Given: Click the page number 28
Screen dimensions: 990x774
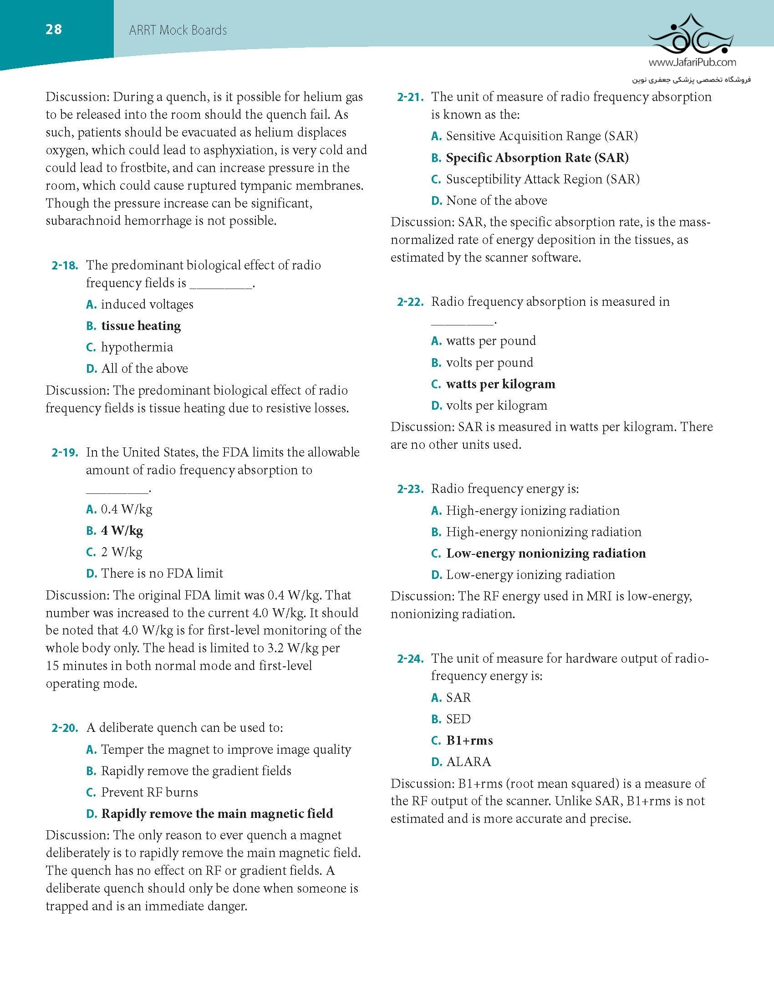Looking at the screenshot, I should click(54, 30).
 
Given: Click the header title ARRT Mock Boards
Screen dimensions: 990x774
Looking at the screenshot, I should click(178, 30).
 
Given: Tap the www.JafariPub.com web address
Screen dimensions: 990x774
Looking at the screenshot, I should click(692, 62).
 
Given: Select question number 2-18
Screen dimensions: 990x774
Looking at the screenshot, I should click(65, 265).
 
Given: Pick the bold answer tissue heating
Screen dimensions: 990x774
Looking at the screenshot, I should click(141, 326).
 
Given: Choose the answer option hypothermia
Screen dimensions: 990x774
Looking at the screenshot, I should click(137, 347).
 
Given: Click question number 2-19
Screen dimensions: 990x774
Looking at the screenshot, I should click(65, 452).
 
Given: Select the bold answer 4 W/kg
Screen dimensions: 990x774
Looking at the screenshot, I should click(122, 531).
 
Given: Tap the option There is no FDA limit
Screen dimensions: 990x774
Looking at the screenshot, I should click(162, 574).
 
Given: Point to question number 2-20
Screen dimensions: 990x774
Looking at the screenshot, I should click(65, 728).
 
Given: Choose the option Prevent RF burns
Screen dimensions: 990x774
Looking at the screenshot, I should click(149, 792).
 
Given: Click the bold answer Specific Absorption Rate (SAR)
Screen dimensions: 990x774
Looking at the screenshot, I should click(537, 158).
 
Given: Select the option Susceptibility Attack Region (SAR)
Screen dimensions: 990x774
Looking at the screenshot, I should click(542, 179).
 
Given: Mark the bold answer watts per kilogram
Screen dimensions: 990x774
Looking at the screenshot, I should click(500, 384).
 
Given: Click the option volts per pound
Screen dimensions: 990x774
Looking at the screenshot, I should click(489, 363).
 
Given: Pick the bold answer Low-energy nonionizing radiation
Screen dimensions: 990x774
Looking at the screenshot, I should click(545, 553).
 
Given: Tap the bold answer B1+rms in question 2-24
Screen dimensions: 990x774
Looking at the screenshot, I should click(469, 741).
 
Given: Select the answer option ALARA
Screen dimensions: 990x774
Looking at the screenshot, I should click(468, 762).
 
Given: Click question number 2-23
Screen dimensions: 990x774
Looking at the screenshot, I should click(410, 489).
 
